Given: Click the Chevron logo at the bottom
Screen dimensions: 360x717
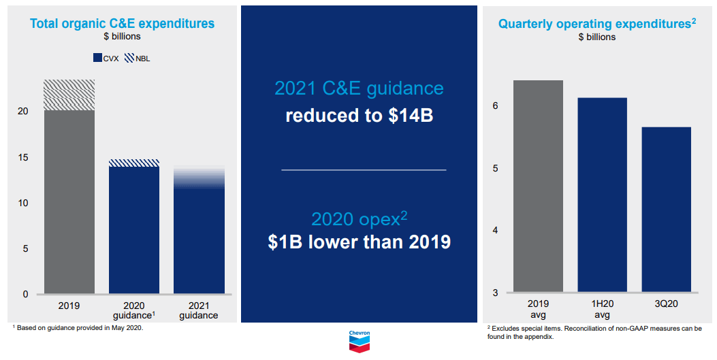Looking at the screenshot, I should [x=359, y=342].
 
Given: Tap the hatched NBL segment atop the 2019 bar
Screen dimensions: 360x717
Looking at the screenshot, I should [x=69, y=95].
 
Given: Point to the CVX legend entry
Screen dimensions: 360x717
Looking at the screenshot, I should [x=106, y=59].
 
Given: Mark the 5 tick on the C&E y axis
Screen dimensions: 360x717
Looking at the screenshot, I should [x=25, y=248].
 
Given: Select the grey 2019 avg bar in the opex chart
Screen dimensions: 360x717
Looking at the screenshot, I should [x=538, y=186].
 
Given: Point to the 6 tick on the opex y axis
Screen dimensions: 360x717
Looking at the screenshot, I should [x=496, y=105].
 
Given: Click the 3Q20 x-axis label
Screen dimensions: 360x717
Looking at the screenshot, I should [x=666, y=304].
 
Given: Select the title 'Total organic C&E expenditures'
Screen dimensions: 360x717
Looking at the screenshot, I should [x=122, y=24].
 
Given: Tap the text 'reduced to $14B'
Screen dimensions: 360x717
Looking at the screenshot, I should [x=359, y=116].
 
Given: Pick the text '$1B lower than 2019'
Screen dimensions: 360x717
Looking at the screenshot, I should [x=359, y=242].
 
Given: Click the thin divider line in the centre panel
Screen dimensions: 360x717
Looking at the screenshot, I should [x=364, y=169].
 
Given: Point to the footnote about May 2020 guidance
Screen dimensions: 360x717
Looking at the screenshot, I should [x=78, y=328].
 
